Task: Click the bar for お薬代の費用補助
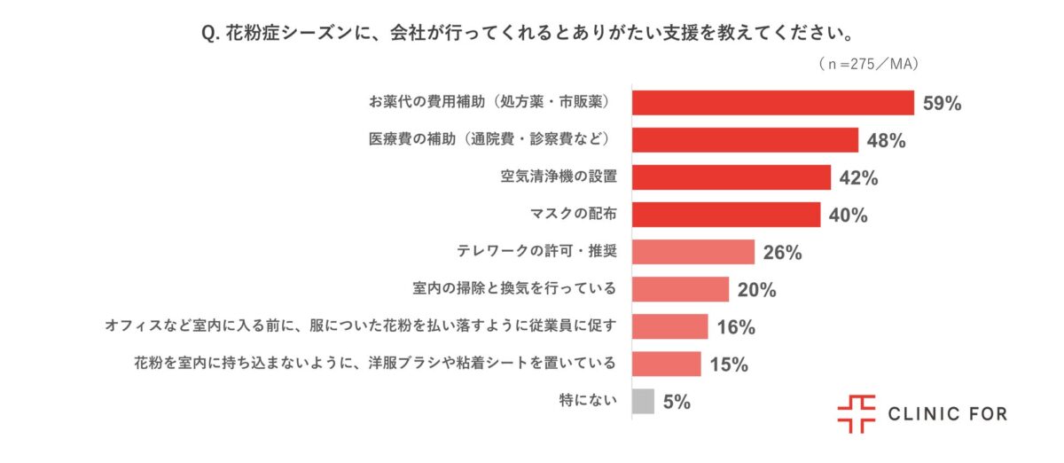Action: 772,103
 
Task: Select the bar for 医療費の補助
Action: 745,140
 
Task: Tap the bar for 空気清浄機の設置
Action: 731,177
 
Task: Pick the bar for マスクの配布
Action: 726,215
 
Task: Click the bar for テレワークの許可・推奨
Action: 692,252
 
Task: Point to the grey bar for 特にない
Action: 643,402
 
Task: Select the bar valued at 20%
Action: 680,289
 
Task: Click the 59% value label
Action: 942,104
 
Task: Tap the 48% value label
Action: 886,141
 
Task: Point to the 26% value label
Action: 782,253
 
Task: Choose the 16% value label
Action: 735,327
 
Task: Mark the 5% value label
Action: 677,403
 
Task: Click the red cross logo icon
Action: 856,414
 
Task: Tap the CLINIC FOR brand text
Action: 947,414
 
